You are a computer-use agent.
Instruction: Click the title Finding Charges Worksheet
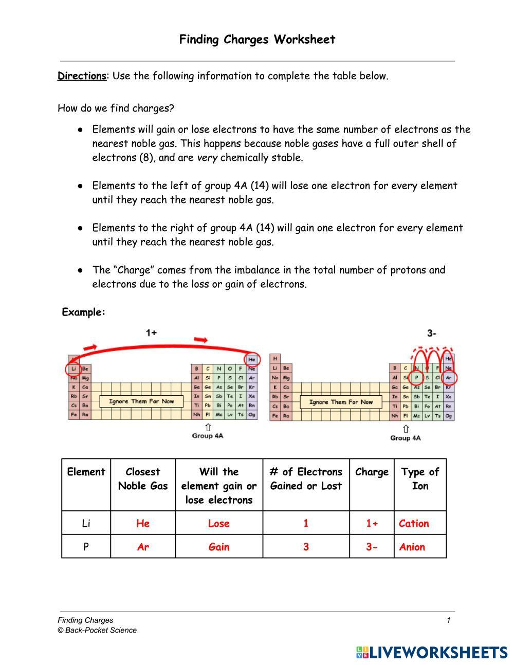(257, 40)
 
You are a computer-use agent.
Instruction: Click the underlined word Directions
(81, 76)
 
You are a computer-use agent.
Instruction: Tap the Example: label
(83, 312)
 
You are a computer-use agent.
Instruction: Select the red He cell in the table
(143, 523)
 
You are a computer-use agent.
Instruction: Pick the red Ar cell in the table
(143, 547)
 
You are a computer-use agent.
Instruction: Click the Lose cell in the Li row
(218, 523)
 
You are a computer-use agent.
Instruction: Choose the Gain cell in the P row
(218, 547)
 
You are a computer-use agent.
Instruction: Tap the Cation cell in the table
(414, 523)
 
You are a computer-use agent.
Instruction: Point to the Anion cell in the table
(412, 547)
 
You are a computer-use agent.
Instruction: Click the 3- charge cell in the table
(372, 547)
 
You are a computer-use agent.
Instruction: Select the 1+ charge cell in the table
(372, 523)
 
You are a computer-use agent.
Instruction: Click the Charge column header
(372, 472)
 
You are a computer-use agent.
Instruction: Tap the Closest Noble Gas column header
(143, 478)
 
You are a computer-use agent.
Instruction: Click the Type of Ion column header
(420, 478)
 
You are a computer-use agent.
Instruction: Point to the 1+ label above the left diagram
(151, 332)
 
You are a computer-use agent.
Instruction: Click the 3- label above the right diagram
(432, 333)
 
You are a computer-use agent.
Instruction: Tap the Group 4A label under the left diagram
(208, 436)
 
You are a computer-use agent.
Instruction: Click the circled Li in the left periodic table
(74, 368)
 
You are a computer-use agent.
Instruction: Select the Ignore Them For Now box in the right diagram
(341, 402)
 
